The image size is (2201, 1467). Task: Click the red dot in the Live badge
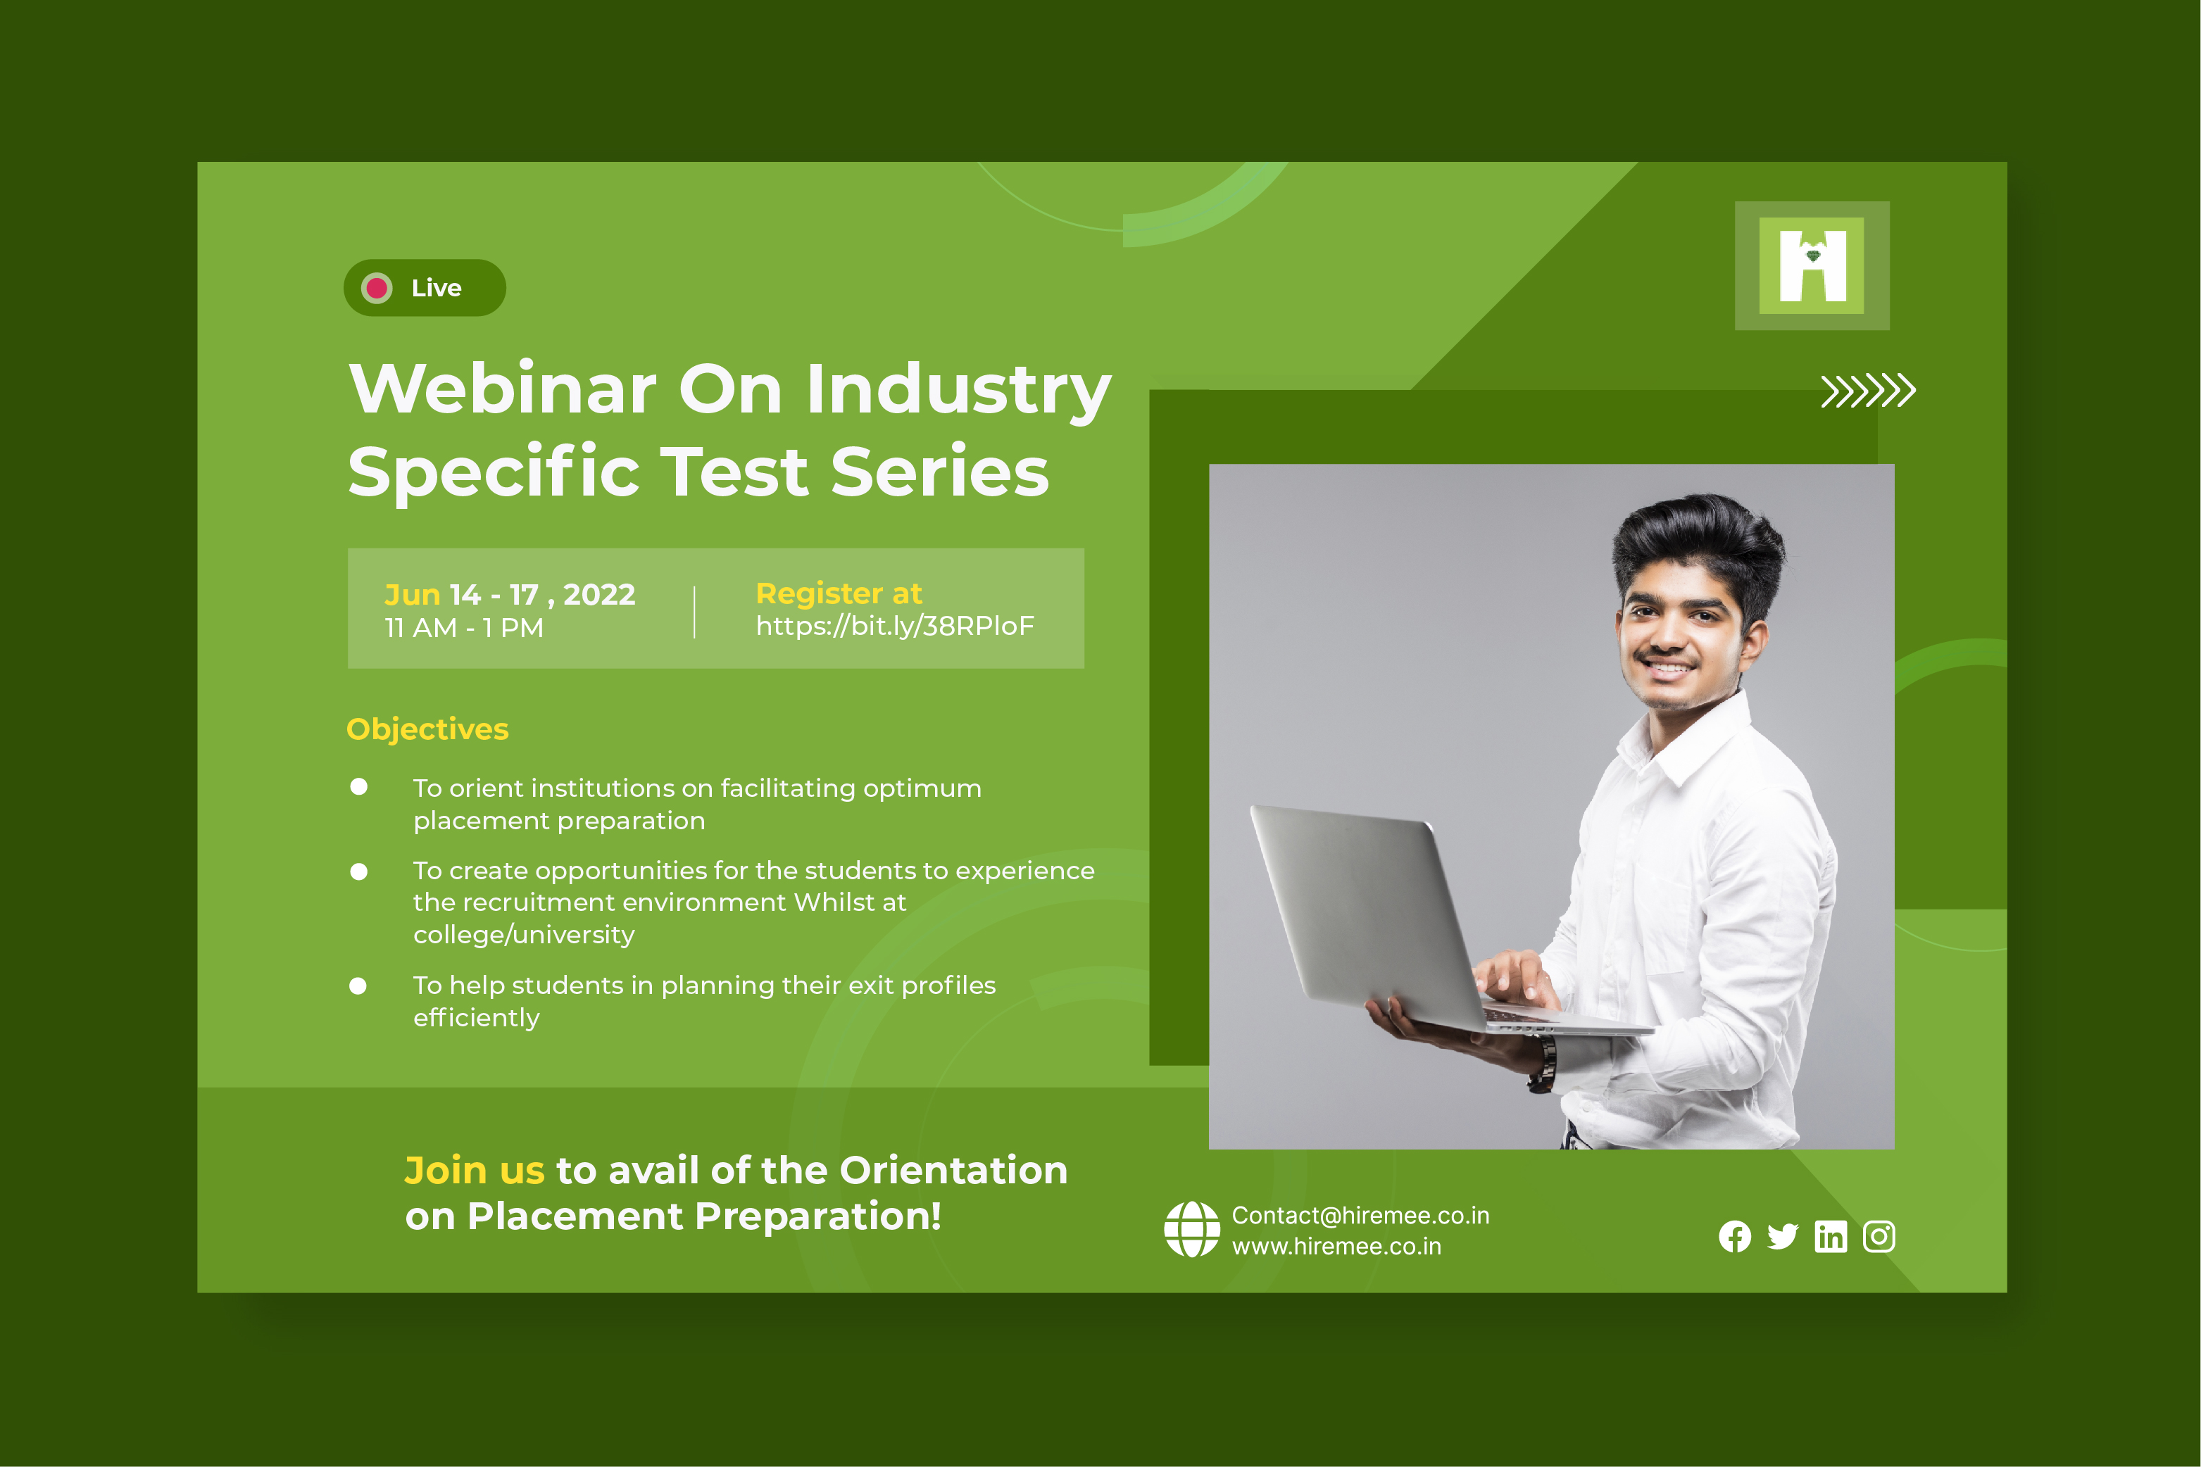pyautogui.click(x=376, y=288)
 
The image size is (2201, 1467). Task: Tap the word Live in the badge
pyautogui.click(x=436, y=288)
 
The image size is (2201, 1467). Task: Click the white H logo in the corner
pyautogui.click(x=1812, y=265)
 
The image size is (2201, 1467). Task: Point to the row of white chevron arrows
pyautogui.click(x=1868, y=391)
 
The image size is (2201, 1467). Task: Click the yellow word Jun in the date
pyautogui.click(x=413, y=595)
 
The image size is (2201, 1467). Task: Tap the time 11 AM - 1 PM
pyautogui.click(x=464, y=628)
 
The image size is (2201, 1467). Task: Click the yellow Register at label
pyautogui.click(x=839, y=593)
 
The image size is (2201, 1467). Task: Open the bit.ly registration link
pyautogui.click(x=896, y=626)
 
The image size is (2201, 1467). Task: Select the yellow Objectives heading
pyautogui.click(x=427, y=729)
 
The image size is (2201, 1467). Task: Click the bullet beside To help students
pyautogui.click(x=358, y=986)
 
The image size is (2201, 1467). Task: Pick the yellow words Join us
pyautogui.click(x=475, y=1171)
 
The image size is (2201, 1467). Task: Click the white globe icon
pyautogui.click(x=1191, y=1229)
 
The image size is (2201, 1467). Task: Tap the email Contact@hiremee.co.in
pyautogui.click(x=1360, y=1215)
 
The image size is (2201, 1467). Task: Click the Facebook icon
pyautogui.click(x=1735, y=1237)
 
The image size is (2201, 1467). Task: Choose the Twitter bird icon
pyautogui.click(x=1783, y=1237)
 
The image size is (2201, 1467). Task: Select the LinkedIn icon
pyautogui.click(x=1831, y=1237)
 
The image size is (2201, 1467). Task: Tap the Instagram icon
pyautogui.click(x=1879, y=1237)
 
